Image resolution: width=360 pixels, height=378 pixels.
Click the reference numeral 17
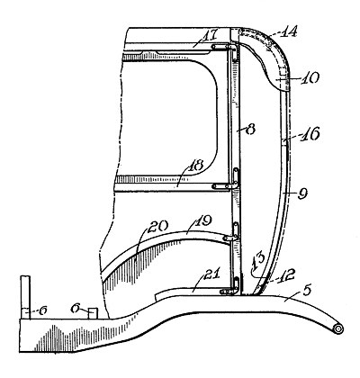209,36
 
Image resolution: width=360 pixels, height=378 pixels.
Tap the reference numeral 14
288,31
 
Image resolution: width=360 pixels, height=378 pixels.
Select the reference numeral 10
310,77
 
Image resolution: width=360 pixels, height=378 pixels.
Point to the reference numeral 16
311,134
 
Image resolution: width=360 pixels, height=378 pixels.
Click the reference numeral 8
250,130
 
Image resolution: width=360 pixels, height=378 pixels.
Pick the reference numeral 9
302,193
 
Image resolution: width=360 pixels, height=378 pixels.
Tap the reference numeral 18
195,166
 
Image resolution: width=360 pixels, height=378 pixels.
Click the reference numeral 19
203,221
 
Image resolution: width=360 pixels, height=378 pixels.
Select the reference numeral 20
158,227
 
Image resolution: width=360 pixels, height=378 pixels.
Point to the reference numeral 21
212,274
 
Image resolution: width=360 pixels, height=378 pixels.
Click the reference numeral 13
257,260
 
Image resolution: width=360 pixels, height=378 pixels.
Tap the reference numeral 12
286,274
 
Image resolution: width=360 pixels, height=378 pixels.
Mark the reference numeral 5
307,291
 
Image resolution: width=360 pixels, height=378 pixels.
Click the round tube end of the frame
338,328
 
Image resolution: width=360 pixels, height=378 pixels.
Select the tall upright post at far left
25,298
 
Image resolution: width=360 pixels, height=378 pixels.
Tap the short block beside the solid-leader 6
93,313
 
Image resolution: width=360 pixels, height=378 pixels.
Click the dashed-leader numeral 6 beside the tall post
43,310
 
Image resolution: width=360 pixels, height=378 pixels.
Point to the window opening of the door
168,118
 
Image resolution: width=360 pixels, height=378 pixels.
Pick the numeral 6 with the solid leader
76,308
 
